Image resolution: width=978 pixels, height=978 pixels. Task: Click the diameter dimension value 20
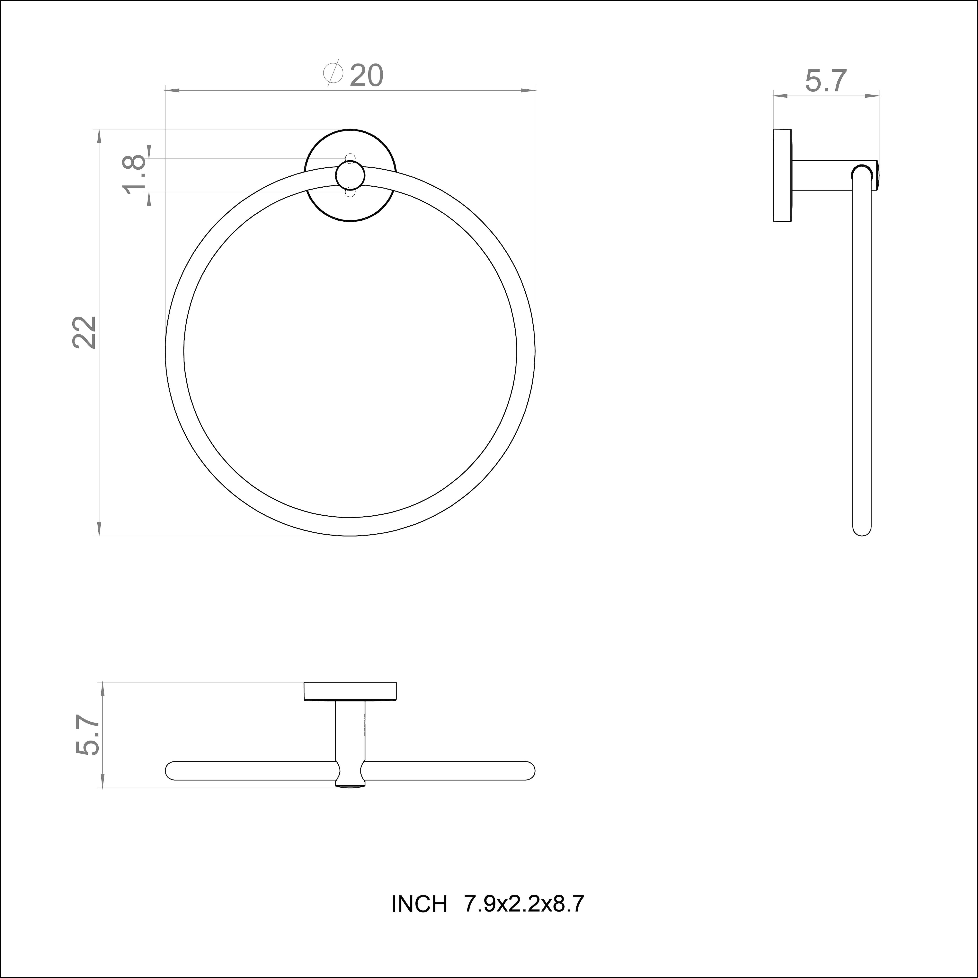pyautogui.click(x=367, y=76)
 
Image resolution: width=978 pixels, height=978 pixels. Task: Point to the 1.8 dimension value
pyautogui.click(x=134, y=175)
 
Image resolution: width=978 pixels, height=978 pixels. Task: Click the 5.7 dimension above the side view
pyautogui.click(x=826, y=81)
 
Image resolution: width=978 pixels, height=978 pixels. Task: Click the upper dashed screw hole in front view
pyautogui.click(x=350, y=158)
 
